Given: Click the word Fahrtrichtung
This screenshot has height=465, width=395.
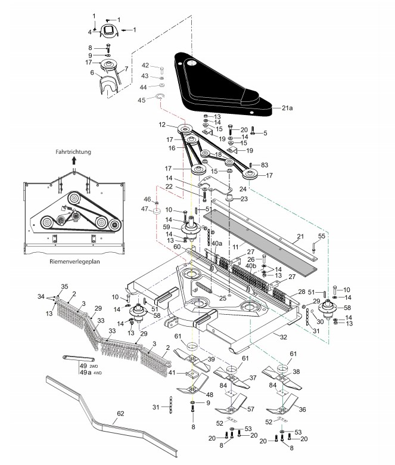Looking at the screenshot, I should pyautogui.click(x=71, y=152).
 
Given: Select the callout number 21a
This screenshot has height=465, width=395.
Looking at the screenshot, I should pyautogui.click(x=287, y=108).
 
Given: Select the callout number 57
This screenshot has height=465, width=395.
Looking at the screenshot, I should pyautogui.click(x=251, y=410).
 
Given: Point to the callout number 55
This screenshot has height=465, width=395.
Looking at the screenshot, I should pyautogui.click(x=322, y=237).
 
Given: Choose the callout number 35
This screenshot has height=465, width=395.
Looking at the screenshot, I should pyautogui.click(x=64, y=287).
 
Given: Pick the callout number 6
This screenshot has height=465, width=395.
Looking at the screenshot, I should pyautogui.click(x=92, y=73).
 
